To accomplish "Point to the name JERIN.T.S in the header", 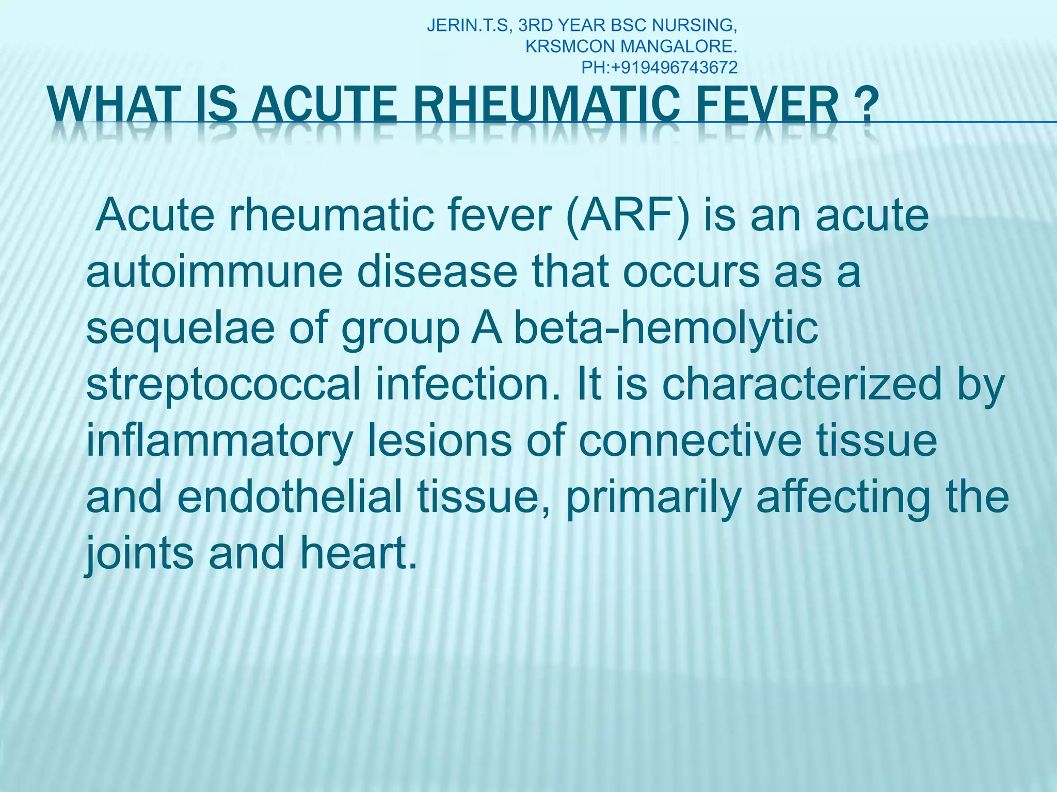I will click(x=469, y=25).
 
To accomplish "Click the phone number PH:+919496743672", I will click(x=660, y=67).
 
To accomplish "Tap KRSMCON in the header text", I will click(x=570, y=46).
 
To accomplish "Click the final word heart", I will click(x=358, y=553).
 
